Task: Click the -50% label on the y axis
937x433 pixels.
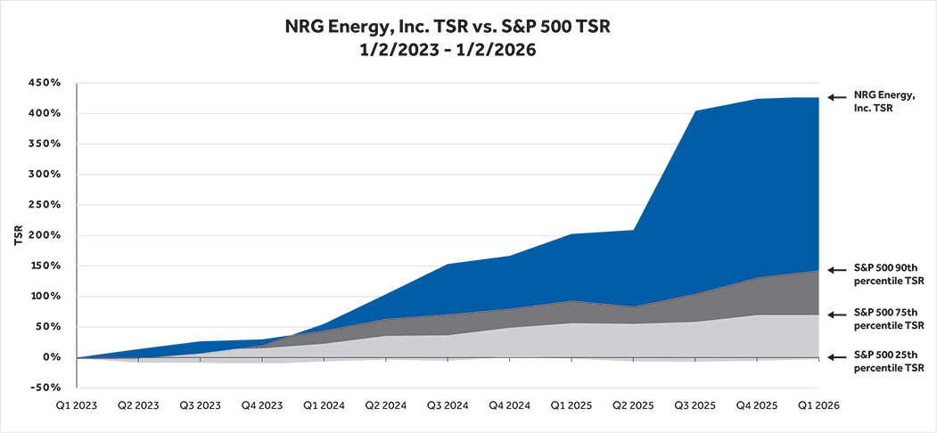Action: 43,388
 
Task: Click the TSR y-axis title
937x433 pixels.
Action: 18,235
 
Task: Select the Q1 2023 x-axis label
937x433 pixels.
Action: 78,404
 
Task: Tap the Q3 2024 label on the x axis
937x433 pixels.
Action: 448,404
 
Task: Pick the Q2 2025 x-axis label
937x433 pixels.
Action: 633,404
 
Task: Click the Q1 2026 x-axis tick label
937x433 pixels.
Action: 818,404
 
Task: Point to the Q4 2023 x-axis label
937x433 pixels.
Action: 263,404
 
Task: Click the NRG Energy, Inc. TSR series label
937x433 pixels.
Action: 884,102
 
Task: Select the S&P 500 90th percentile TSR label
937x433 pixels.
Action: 888,274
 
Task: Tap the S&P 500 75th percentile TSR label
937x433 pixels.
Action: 888,319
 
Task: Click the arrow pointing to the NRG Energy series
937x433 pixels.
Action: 835,97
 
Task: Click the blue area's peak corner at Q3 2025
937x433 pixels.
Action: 695,111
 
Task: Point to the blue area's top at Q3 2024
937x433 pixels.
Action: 448,265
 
